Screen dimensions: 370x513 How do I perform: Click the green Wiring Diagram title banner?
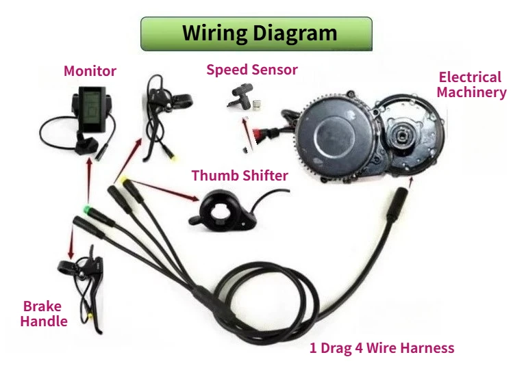[256, 34]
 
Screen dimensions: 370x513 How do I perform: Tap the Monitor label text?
[90, 71]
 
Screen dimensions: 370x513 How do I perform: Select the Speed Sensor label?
[252, 70]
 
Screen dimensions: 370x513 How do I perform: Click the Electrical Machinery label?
[471, 85]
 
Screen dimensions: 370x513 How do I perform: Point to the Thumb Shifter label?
[240, 176]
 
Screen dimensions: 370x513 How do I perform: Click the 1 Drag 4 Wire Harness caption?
[381, 348]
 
